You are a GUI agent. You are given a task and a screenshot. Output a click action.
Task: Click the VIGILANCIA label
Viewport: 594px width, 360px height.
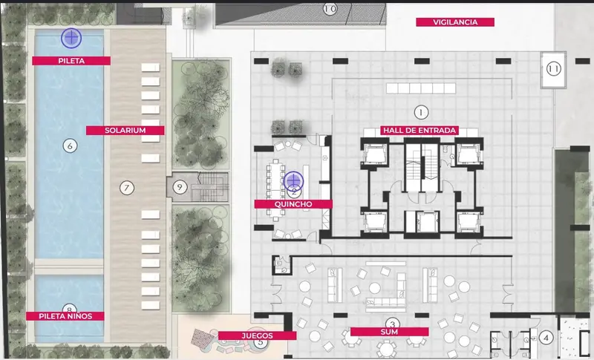pos(455,22)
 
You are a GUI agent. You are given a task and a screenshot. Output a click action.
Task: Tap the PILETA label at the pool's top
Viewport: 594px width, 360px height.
pos(71,61)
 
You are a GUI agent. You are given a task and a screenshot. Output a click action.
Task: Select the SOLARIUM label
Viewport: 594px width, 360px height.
pos(125,131)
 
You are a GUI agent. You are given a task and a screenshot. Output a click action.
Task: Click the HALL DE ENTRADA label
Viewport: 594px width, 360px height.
pos(420,131)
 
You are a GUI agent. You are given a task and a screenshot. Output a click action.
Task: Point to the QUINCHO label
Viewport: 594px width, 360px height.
pos(293,204)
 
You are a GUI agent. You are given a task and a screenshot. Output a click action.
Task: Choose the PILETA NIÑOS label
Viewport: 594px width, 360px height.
pos(65,316)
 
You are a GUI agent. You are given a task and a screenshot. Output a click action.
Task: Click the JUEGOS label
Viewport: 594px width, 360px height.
pos(257,336)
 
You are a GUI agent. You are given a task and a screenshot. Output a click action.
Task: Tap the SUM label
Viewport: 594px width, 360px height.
pos(389,332)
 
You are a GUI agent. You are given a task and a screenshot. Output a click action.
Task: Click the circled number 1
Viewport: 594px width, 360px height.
pos(421,112)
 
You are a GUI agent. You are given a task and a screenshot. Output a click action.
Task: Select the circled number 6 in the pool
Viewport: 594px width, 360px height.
pos(70,145)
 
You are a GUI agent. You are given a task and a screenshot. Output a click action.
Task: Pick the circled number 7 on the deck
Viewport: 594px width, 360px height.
pos(127,188)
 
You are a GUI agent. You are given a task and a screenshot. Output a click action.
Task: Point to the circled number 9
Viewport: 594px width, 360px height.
pos(180,187)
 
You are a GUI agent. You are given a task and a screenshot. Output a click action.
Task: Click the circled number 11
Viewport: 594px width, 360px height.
pos(553,69)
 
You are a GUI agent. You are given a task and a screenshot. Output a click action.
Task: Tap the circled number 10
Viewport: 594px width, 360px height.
pos(330,8)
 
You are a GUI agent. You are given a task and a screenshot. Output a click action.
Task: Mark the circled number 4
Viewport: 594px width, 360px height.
pos(546,338)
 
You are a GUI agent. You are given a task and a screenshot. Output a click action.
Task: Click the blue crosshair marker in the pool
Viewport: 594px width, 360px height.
pos(71,38)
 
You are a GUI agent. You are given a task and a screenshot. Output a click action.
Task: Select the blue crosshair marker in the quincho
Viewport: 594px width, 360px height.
pos(293,181)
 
